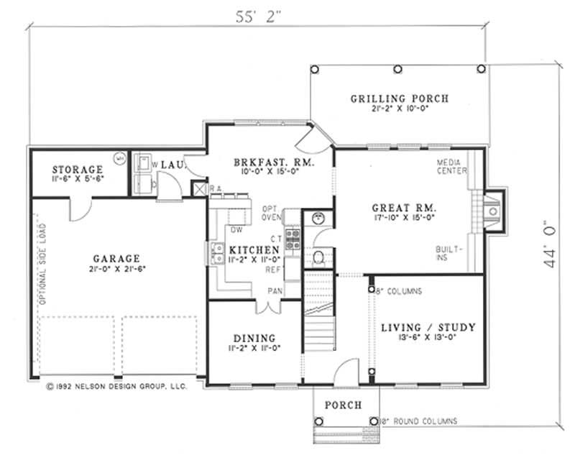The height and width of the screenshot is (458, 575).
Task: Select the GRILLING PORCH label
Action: pyautogui.click(x=399, y=99)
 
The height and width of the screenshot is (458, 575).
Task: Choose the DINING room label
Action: pyautogui.click(x=254, y=338)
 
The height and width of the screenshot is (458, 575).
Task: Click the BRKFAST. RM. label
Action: pyautogui.click(x=264, y=163)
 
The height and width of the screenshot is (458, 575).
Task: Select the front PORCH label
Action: pyautogui.click(x=343, y=406)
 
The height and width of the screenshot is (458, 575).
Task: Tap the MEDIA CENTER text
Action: pyautogui.click(x=451, y=167)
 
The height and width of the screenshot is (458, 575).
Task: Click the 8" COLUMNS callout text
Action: pyautogui.click(x=399, y=291)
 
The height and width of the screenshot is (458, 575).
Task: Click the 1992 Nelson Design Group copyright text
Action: pyautogui.click(x=116, y=386)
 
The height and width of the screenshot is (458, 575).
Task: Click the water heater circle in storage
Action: pyautogui.click(x=120, y=156)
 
